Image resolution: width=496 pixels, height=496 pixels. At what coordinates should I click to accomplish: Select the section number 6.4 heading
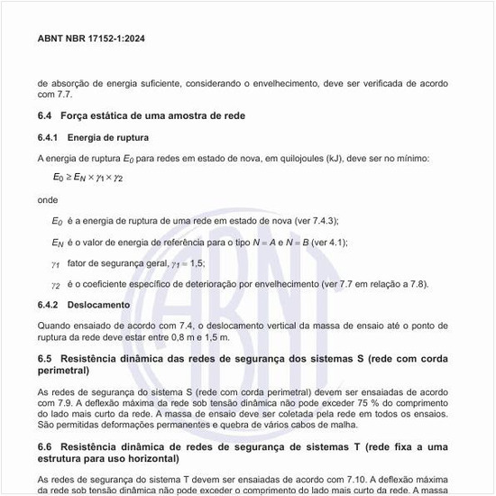46,115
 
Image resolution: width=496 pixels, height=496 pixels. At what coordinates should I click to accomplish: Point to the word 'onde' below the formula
48,199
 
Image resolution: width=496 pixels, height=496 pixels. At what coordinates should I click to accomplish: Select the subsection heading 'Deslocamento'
98,306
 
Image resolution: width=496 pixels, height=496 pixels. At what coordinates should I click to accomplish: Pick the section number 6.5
46,359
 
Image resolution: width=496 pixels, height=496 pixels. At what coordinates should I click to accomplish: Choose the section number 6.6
46,447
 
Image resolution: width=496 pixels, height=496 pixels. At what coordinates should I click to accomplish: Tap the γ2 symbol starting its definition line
56,286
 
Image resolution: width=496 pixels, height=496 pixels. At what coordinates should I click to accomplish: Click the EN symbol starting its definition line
58,243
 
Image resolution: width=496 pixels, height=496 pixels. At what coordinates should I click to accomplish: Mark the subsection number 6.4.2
50,306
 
